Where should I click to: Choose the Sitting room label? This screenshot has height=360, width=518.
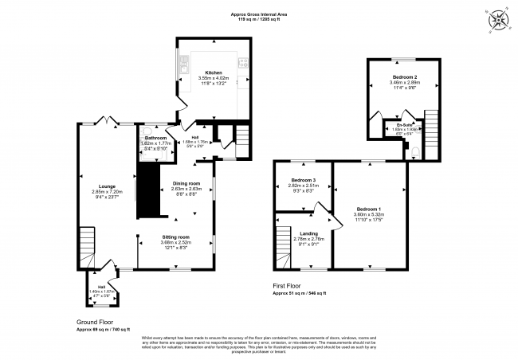pos(175,237)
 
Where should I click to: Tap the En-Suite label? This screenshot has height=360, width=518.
pos(404,124)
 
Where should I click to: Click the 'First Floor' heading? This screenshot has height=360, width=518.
pos(288,284)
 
